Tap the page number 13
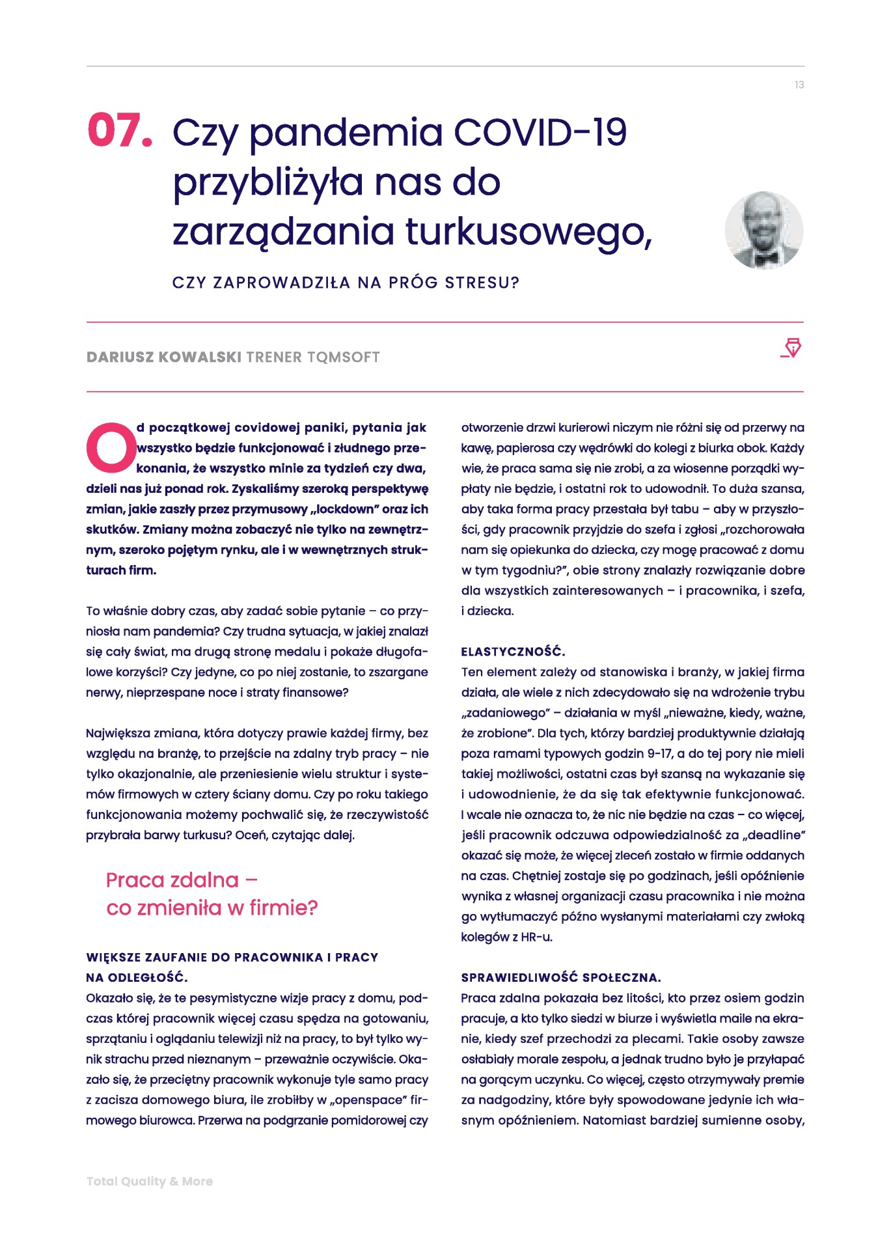[x=799, y=85]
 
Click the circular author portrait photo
[x=763, y=230]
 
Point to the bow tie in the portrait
[x=767, y=258]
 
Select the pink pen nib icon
[x=791, y=348]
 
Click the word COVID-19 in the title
[x=540, y=132]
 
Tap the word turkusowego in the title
[x=528, y=232]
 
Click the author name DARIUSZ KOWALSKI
[x=164, y=357]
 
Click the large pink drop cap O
[x=111, y=447]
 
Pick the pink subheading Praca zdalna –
[x=182, y=880]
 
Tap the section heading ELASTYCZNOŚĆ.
[x=513, y=652]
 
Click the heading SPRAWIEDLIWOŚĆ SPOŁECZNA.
[x=560, y=977]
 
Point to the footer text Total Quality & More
[x=150, y=1181]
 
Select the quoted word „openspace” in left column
[x=366, y=1100]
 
